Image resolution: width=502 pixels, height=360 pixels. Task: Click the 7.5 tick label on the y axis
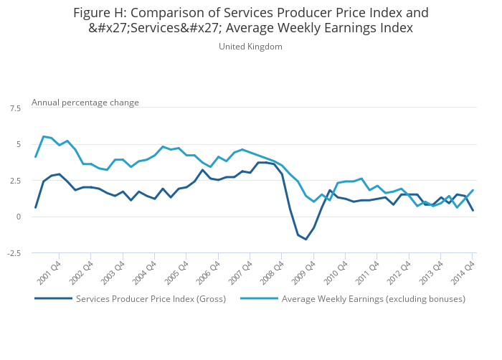point(15,108)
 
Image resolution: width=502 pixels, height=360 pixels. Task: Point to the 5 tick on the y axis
point(18,144)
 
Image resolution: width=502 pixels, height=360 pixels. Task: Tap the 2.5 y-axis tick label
point(15,181)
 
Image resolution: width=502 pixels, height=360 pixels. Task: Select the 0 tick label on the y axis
point(18,217)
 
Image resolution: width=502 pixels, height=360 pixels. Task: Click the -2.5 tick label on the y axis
point(14,253)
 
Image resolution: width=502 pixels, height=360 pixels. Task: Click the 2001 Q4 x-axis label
point(49,273)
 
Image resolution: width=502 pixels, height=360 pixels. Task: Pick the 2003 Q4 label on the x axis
point(113,273)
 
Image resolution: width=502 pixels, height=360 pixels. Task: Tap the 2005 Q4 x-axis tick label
point(177,273)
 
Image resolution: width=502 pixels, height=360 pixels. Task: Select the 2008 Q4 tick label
point(273,273)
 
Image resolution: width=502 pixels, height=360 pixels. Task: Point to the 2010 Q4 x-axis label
point(336,273)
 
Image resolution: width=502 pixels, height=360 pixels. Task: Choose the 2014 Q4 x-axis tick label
point(463,273)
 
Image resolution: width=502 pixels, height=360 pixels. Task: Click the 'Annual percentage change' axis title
point(85,103)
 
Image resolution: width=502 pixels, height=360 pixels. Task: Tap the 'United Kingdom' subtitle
point(250,47)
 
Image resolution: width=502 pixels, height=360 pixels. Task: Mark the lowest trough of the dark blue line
point(306,240)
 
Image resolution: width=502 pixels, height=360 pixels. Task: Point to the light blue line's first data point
point(36,157)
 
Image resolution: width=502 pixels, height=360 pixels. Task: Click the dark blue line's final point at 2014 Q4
point(473,211)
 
